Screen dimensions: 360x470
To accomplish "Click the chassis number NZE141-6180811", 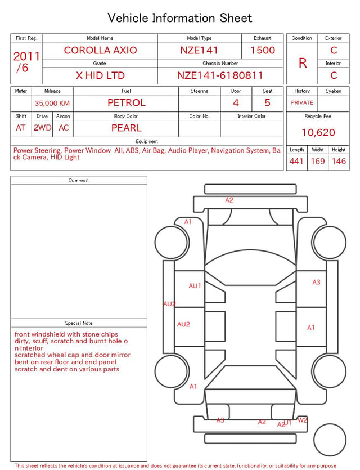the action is click(x=220, y=75).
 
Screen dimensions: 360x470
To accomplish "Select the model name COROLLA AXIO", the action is click(x=100, y=50).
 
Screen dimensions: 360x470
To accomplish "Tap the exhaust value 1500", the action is click(x=263, y=50).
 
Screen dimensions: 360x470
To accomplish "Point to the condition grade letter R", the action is click(x=303, y=63).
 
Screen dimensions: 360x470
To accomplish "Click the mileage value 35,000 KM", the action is click(x=52, y=104).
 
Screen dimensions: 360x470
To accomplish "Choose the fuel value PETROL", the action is click(x=127, y=103).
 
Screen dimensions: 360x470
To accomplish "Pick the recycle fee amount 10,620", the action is click(x=318, y=132).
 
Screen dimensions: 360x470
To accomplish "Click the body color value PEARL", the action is click(x=127, y=128).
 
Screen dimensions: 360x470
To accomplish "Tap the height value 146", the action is click(x=339, y=161).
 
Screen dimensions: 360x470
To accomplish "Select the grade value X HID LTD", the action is click(x=100, y=75).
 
